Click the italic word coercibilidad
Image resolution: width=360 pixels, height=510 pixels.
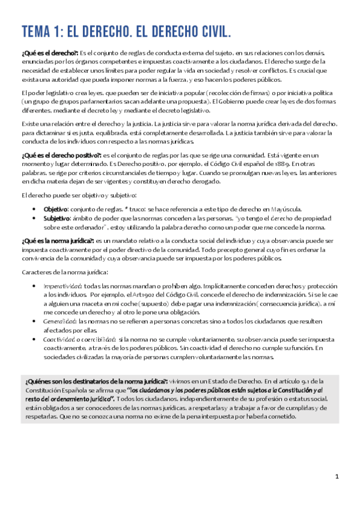click(96, 339)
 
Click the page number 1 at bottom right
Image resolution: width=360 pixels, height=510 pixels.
click(337, 476)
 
